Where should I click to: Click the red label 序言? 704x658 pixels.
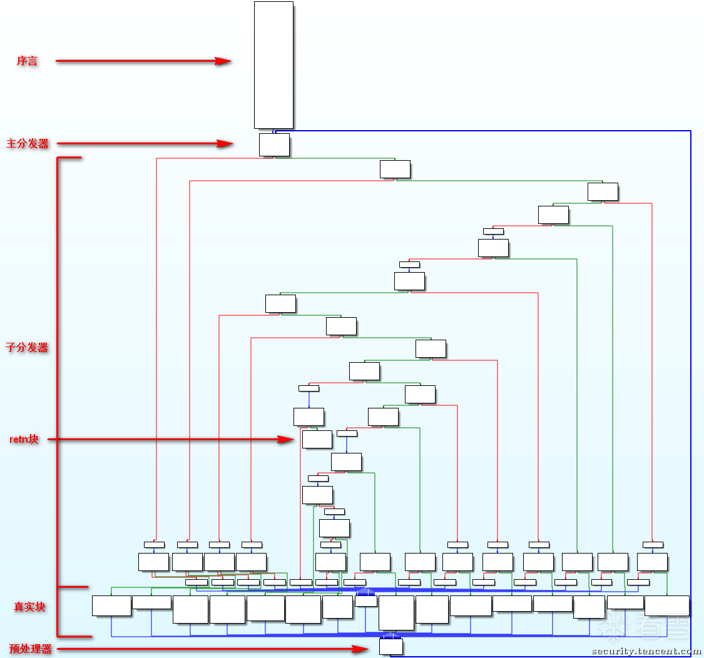point(27,61)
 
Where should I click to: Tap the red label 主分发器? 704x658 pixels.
point(28,143)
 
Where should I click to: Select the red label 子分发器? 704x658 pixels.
point(28,347)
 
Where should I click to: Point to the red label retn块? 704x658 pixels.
point(24,440)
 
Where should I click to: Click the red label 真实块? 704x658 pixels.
point(30,607)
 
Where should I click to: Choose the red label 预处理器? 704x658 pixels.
point(30,649)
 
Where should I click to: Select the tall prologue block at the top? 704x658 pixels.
point(273,64)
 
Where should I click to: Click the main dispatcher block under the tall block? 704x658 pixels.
point(274,144)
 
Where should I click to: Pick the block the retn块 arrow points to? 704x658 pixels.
point(317,439)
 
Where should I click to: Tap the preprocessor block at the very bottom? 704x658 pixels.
point(390,647)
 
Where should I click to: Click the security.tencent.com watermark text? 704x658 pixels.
point(646,651)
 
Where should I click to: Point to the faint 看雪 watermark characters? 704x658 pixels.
point(656,623)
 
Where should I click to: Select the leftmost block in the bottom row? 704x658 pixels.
point(111,605)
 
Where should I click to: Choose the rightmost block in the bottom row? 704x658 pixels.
point(666,605)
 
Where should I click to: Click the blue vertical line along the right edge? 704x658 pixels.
point(690,375)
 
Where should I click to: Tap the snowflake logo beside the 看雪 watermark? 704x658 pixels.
point(613,623)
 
